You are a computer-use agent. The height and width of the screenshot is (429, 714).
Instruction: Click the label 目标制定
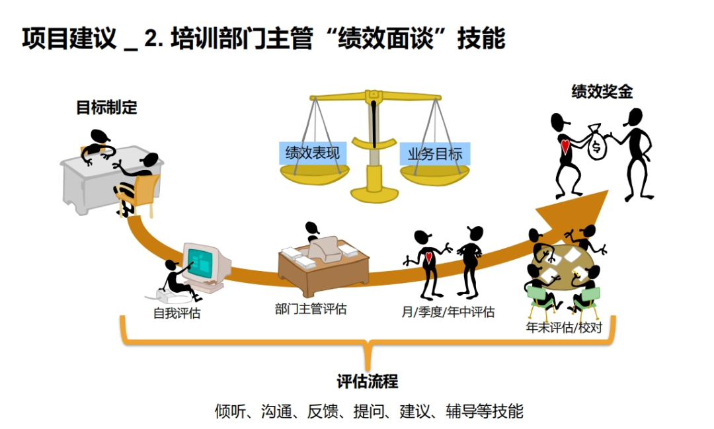click(106, 107)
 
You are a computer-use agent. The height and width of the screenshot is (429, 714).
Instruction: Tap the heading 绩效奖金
click(602, 91)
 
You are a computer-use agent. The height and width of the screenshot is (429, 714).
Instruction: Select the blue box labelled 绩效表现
click(312, 153)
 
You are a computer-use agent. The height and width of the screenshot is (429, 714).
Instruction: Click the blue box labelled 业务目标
click(435, 155)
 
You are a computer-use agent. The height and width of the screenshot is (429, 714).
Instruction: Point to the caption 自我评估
click(177, 313)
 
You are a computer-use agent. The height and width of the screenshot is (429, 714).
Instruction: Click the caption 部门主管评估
click(311, 308)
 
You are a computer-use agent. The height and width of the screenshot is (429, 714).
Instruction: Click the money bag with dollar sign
click(596, 143)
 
